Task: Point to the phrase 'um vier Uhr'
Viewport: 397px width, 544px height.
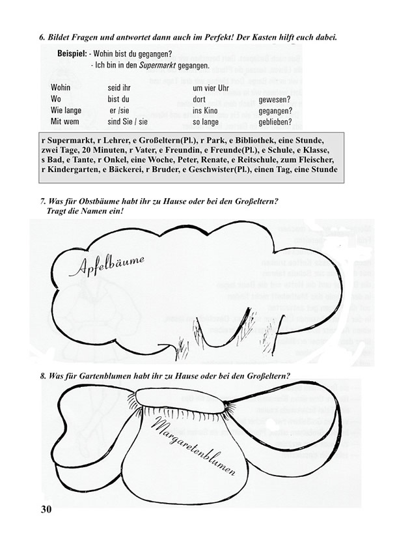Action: (x=211, y=88)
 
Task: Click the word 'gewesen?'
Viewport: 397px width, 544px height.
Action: (x=275, y=99)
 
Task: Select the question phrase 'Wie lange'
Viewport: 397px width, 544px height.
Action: (x=66, y=110)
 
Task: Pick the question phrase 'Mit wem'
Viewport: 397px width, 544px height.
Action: (x=65, y=121)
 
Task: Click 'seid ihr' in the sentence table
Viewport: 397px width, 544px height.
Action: (x=119, y=88)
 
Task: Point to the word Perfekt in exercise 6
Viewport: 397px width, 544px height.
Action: (x=213, y=37)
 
